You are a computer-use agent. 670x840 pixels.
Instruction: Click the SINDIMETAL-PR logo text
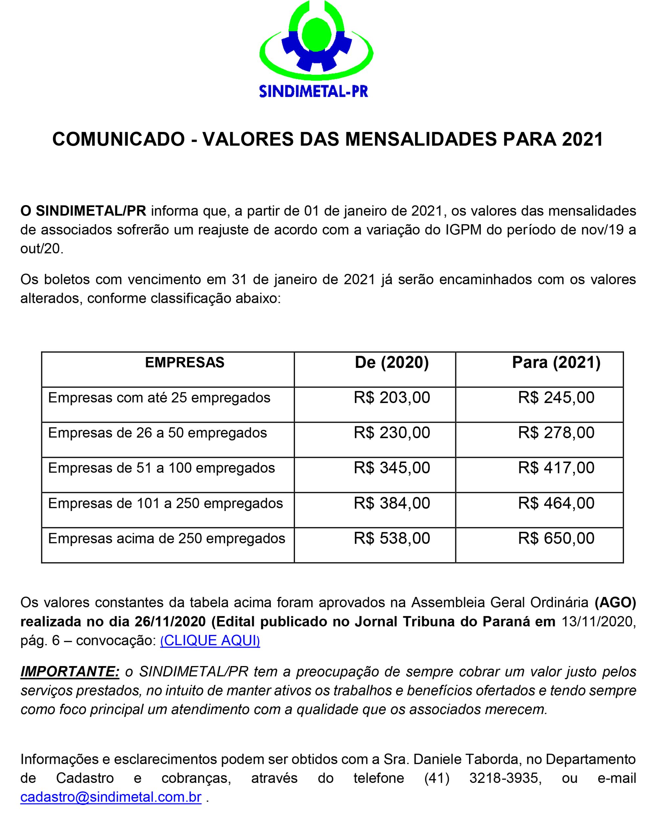[313, 92]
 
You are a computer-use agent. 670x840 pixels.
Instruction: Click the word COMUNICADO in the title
[118, 139]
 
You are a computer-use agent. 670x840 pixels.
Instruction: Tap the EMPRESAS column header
[185, 363]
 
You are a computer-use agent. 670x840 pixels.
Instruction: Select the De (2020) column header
[391, 363]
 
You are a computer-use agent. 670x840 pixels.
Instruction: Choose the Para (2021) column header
[556, 363]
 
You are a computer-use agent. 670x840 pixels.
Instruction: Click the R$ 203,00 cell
[391, 398]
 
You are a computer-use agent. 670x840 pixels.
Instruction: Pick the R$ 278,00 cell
[556, 433]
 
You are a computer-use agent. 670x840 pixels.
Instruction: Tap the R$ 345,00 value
[391, 468]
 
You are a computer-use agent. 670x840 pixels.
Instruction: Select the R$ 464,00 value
[556, 503]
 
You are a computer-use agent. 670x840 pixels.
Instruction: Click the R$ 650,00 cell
[556, 538]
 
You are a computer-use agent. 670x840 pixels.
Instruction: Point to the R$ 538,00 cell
[391, 538]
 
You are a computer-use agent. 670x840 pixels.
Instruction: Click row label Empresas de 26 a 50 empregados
[157, 433]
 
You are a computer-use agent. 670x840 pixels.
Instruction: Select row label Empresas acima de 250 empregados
[167, 538]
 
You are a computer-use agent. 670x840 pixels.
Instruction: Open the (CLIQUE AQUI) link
[210, 640]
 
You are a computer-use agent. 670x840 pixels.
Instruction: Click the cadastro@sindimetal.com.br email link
[111, 797]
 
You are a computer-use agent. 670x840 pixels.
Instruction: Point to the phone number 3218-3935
[505, 778]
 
